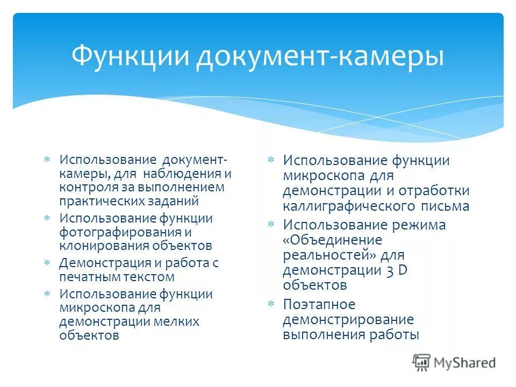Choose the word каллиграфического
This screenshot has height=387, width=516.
pos(346,206)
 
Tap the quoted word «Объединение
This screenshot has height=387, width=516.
pos(332,240)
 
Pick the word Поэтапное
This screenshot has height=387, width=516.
pos(319,304)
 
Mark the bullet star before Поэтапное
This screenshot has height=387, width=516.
pos(271,304)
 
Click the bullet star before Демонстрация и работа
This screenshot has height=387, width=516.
pos(47,263)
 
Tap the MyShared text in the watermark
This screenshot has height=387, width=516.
pos(465,363)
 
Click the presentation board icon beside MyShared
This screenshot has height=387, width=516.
pos(422,362)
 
